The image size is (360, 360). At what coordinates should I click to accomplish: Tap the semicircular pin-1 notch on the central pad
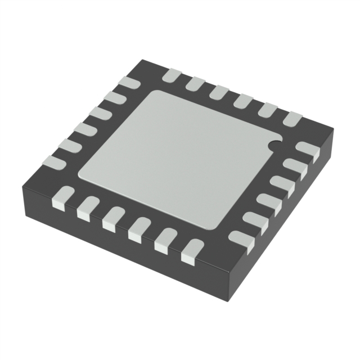(x=274, y=145)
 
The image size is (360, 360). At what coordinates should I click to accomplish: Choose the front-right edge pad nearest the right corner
(x=307, y=148)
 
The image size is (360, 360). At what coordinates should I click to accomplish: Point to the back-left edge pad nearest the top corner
(x=129, y=83)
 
